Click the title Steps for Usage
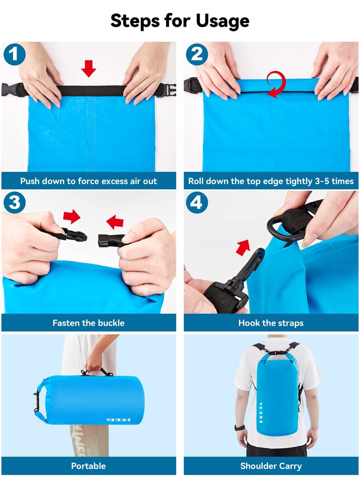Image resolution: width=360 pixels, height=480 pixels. click(x=180, y=21)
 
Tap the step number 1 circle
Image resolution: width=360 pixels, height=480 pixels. click(x=15, y=55)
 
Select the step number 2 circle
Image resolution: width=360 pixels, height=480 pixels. click(x=197, y=55)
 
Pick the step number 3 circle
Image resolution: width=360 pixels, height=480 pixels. click(x=15, y=202)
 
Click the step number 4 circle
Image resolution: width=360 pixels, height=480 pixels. click(x=197, y=202)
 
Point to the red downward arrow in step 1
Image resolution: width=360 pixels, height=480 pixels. click(x=89, y=68)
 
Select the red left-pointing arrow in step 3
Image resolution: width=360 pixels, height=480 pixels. click(x=115, y=221)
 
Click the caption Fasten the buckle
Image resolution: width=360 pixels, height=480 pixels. click(x=89, y=323)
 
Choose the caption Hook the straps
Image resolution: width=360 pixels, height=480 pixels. click(x=271, y=323)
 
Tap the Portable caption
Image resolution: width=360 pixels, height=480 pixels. click(x=89, y=466)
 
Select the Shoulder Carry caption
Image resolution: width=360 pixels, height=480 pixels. click(x=271, y=466)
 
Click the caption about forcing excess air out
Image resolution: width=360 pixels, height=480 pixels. click(x=89, y=181)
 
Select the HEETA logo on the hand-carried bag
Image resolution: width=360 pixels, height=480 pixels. click(x=118, y=419)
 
